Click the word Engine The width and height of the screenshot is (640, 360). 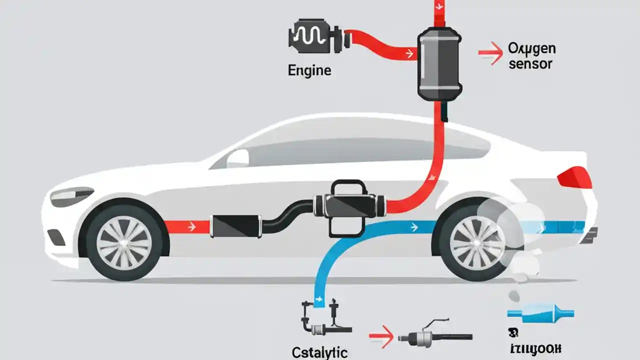click(x=309, y=70)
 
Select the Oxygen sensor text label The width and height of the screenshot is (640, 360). click(x=531, y=56)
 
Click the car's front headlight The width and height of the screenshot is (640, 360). click(x=71, y=196)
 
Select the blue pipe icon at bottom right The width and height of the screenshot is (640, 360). click(x=540, y=313)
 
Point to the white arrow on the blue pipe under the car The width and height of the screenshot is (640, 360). click(x=413, y=227)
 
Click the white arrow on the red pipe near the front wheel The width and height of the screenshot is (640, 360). click(x=190, y=227)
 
